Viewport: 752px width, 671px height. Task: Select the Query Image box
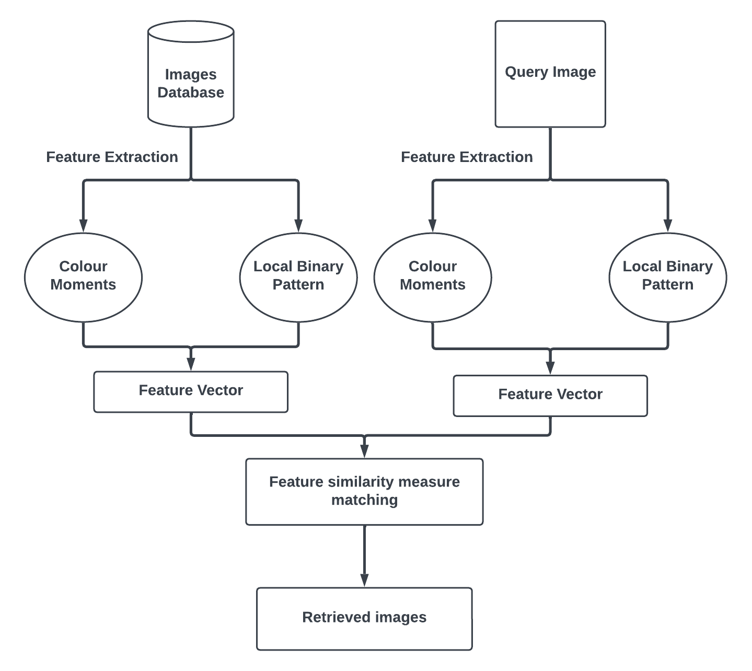tap(550, 74)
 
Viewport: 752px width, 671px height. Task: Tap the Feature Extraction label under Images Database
tap(112, 157)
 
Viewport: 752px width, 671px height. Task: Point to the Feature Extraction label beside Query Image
tap(467, 157)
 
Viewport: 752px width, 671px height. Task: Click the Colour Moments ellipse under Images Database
tap(83, 277)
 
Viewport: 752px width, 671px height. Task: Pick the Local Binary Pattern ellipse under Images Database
tap(298, 277)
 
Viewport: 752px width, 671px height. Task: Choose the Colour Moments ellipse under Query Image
tap(433, 277)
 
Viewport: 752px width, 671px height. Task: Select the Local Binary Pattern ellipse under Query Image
tap(667, 277)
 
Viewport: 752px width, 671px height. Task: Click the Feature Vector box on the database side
tap(191, 391)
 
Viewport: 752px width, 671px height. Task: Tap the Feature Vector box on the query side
tap(550, 396)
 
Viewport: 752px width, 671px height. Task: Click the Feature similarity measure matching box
tap(364, 491)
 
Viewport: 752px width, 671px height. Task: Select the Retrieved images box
tap(364, 618)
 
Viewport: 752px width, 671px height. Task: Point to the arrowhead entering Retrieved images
tap(364, 580)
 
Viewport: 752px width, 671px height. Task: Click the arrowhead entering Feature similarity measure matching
tap(364, 451)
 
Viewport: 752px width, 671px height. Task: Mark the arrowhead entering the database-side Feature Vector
tap(191, 364)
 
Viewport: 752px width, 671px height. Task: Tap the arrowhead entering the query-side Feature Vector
tap(550, 367)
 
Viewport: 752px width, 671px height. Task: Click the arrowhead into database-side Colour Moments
tap(83, 225)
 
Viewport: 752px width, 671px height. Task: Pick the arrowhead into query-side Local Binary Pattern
tap(667, 225)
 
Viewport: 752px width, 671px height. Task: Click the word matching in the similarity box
tap(364, 500)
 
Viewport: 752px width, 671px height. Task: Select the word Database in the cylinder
tap(191, 92)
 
